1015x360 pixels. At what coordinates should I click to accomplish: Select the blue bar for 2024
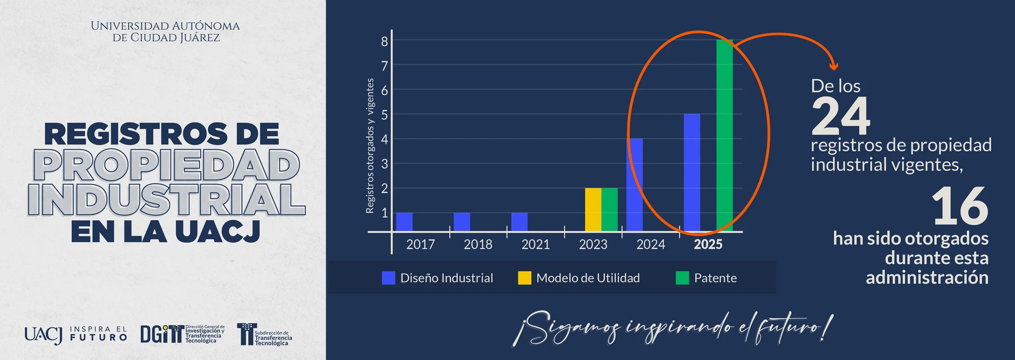(x=634, y=185)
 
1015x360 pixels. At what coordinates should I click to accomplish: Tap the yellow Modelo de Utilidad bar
(x=593, y=209)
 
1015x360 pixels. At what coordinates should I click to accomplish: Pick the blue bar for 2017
(x=404, y=222)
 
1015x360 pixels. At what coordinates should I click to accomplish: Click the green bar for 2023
(x=610, y=209)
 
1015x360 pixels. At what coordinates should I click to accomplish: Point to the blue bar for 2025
(x=692, y=172)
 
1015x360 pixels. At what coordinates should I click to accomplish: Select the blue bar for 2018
(x=462, y=222)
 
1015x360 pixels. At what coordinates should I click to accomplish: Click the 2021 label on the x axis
(x=536, y=244)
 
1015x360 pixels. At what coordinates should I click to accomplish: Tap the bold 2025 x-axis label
(x=708, y=244)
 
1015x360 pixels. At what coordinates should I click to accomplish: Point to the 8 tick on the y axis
(x=384, y=41)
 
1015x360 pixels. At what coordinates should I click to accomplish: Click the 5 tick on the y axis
(x=384, y=115)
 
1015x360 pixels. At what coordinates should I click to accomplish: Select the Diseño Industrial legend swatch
(x=388, y=278)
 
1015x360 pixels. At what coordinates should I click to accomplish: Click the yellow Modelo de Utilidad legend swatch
(x=524, y=278)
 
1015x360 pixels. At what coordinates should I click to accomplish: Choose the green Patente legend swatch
(x=682, y=278)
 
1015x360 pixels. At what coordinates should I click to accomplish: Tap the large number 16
(x=959, y=207)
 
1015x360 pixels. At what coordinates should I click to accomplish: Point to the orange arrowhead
(x=834, y=66)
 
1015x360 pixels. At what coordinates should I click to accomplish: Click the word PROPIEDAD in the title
(x=166, y=166)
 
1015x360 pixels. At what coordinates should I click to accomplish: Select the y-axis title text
(x=370, y=146)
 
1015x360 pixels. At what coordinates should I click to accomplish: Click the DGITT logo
(x=183, y=334)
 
